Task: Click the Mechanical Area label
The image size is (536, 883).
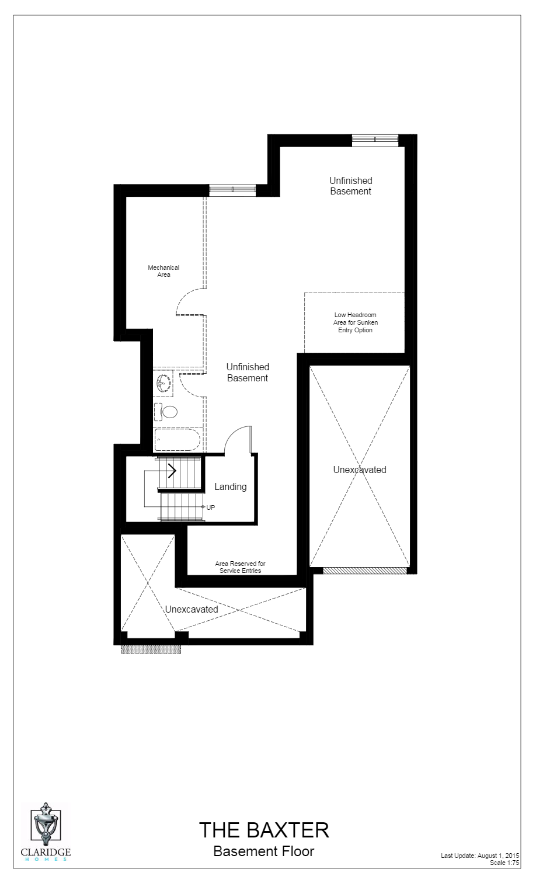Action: (163, 271)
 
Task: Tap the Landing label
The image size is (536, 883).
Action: (230, 486)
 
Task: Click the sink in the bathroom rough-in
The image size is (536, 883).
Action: (163, 383)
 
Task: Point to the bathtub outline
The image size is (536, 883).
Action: (177, 439)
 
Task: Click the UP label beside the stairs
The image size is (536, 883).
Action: (210, 507)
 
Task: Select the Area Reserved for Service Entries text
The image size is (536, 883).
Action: (240, 567)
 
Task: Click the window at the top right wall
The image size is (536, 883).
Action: (375, 139)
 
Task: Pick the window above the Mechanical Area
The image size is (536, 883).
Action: (232, 189)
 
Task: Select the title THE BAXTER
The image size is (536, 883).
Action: (264, 830)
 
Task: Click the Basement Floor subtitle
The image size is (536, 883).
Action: (263, 851)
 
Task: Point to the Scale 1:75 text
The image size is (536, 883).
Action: (504, 863)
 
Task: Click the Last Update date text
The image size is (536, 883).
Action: (480, 856)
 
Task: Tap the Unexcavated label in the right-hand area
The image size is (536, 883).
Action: (360, 470)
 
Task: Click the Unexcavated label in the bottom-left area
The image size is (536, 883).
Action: (192, 609)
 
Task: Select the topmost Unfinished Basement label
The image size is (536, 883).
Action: (350, 186)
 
